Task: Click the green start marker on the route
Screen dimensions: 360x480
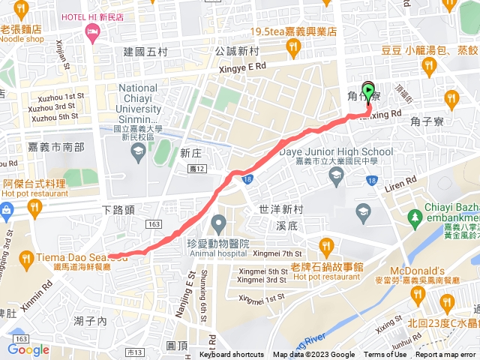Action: (368, 89)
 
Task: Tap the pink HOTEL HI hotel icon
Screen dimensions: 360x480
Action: (92, 31)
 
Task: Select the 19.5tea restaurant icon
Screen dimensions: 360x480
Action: (292, 47)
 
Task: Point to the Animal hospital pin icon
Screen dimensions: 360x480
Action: (218, 223)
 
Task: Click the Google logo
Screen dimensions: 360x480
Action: (28, 349)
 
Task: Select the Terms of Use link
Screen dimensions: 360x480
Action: (385, 355)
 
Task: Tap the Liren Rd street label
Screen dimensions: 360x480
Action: (400, 182)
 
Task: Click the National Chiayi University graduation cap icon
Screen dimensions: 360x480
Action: (138, 153)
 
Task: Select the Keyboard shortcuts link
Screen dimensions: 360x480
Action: (231, 355)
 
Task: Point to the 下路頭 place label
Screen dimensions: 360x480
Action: (118, 209)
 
